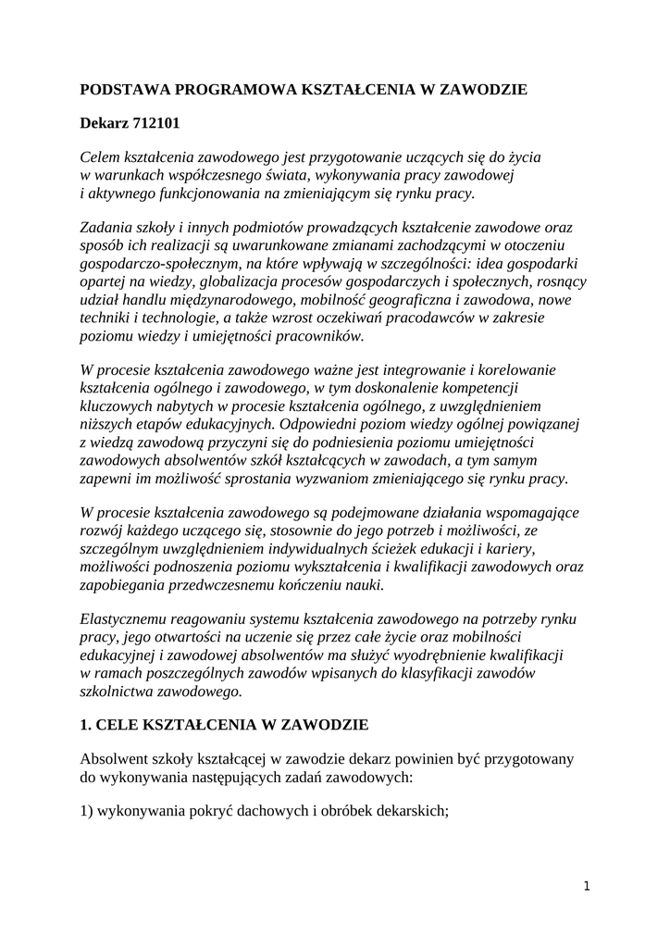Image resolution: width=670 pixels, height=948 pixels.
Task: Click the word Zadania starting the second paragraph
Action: tap(108, 228)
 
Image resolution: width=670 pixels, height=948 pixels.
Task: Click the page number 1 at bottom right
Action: tap(587, 886)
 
